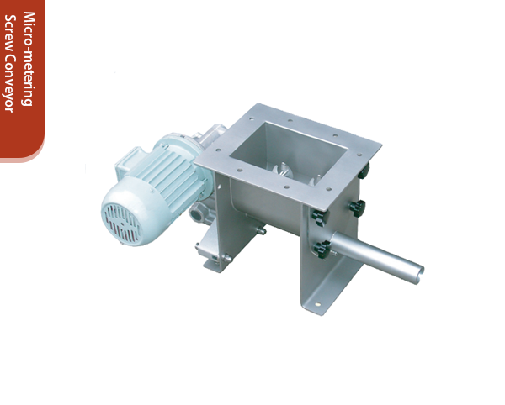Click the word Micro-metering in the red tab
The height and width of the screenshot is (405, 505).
[x=28, y=59]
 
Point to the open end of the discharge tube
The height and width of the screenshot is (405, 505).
[x=417, y=271]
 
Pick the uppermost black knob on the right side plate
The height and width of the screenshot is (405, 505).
[x=364, y=170]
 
